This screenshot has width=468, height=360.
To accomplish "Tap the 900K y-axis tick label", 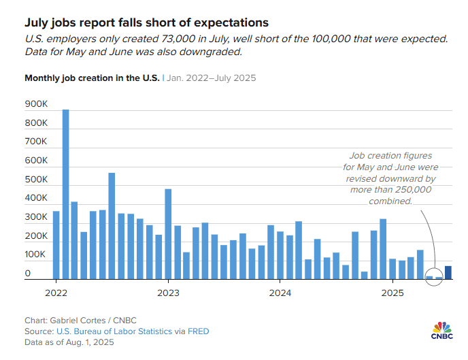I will click(35, 105).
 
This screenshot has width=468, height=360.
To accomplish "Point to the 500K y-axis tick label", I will click(35, 180).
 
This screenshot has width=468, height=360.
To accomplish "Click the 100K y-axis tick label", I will click(35, 255).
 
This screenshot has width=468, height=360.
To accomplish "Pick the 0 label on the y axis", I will click(28, 274).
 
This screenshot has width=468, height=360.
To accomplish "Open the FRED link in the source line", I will click(199, 331).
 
